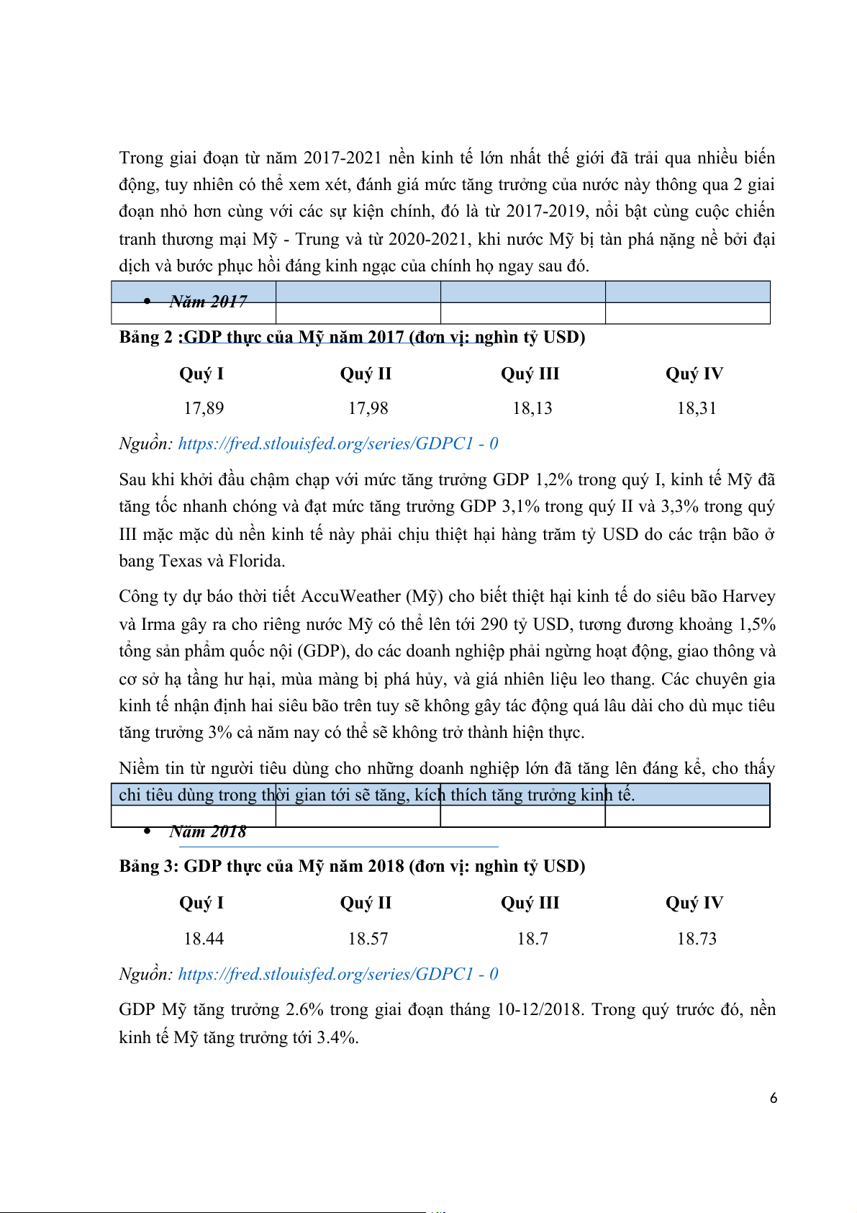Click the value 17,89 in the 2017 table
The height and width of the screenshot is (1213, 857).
point(204,409)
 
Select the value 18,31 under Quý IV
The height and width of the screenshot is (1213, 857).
point(697,409)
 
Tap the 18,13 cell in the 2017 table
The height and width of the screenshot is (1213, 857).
point(532,409)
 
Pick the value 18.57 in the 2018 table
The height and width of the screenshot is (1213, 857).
point(368,939)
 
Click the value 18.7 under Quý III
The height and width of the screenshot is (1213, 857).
point(532,939)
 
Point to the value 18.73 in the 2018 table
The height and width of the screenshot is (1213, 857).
point(697,939)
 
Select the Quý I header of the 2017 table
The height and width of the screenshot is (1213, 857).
point(201,374)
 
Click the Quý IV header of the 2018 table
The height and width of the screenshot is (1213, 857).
point(694,903)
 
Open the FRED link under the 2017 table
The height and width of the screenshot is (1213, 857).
point(337,443)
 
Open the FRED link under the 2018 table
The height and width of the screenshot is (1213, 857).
point(337,974)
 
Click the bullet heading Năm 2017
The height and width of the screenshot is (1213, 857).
point(208,302)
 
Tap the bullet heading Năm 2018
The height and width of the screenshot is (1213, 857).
point(208,832)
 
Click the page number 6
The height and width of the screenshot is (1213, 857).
point(774,1099)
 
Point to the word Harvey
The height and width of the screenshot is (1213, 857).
point(748,597)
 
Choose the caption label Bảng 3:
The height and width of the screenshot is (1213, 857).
point(149,866)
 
